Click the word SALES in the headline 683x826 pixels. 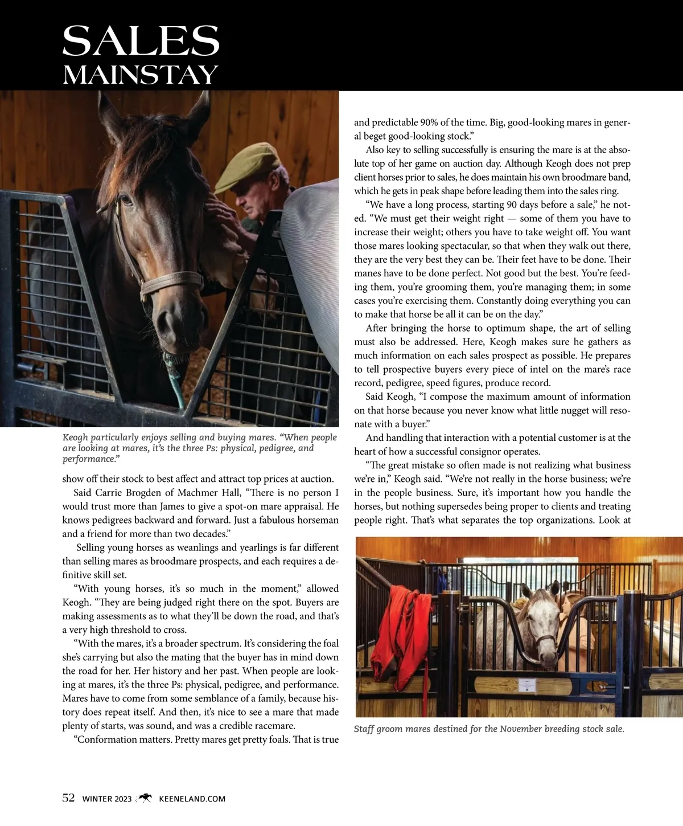pos(141,40)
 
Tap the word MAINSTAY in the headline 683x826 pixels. pos(141,75)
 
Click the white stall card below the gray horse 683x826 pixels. pos(526,687)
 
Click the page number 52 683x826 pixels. pos(68,798)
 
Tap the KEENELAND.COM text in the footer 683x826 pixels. pos(192,799)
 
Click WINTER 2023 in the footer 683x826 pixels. pos(107,799)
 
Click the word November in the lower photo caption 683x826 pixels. pos(521,729)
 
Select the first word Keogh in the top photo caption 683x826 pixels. pos(75,437)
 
